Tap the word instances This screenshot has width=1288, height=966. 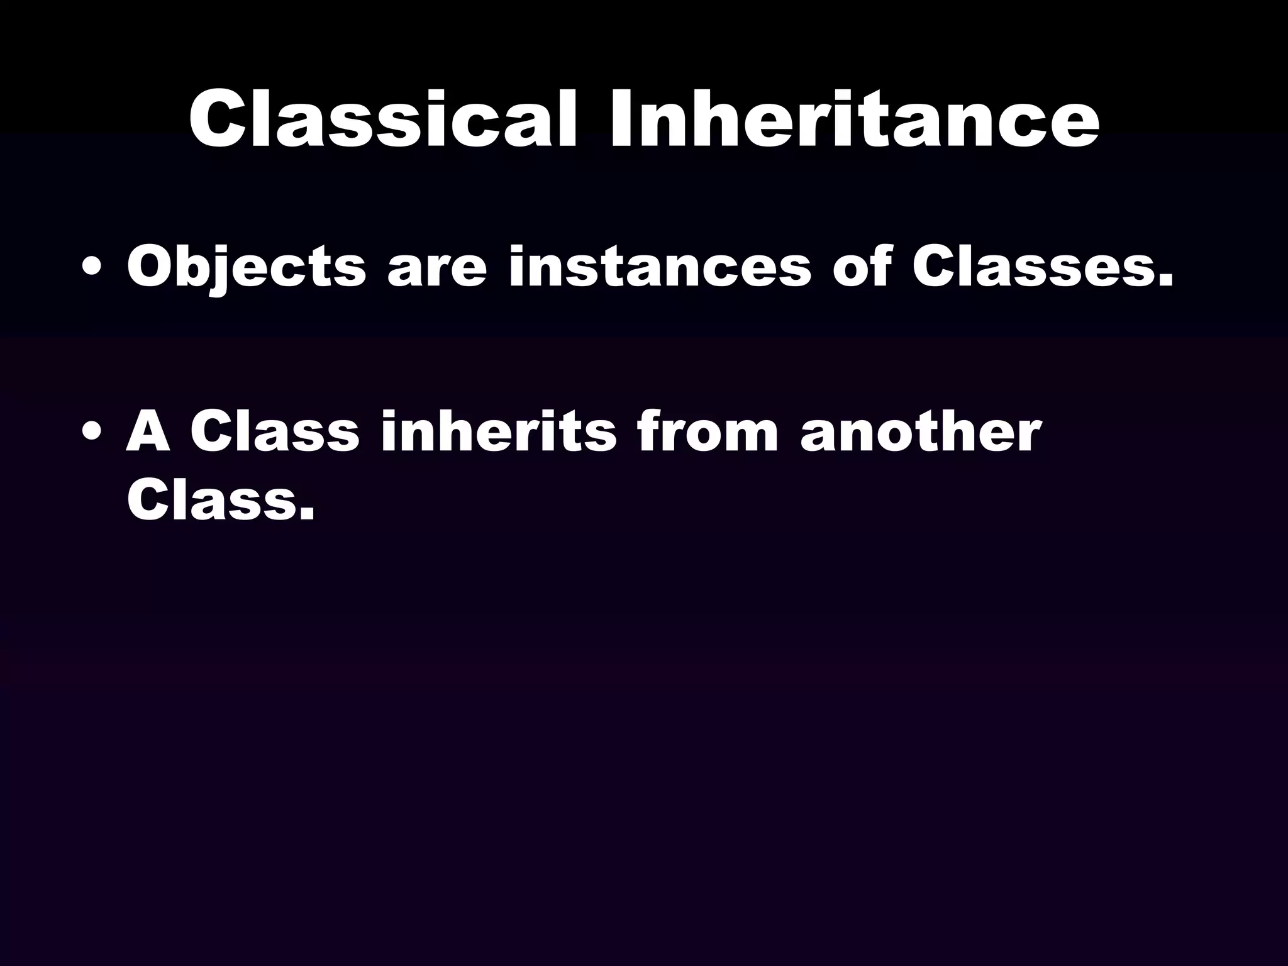point(659,268)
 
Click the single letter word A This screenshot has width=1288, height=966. point(148,432)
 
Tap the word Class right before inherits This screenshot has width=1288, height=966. point(275,432)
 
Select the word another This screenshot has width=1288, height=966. point(921,432)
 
